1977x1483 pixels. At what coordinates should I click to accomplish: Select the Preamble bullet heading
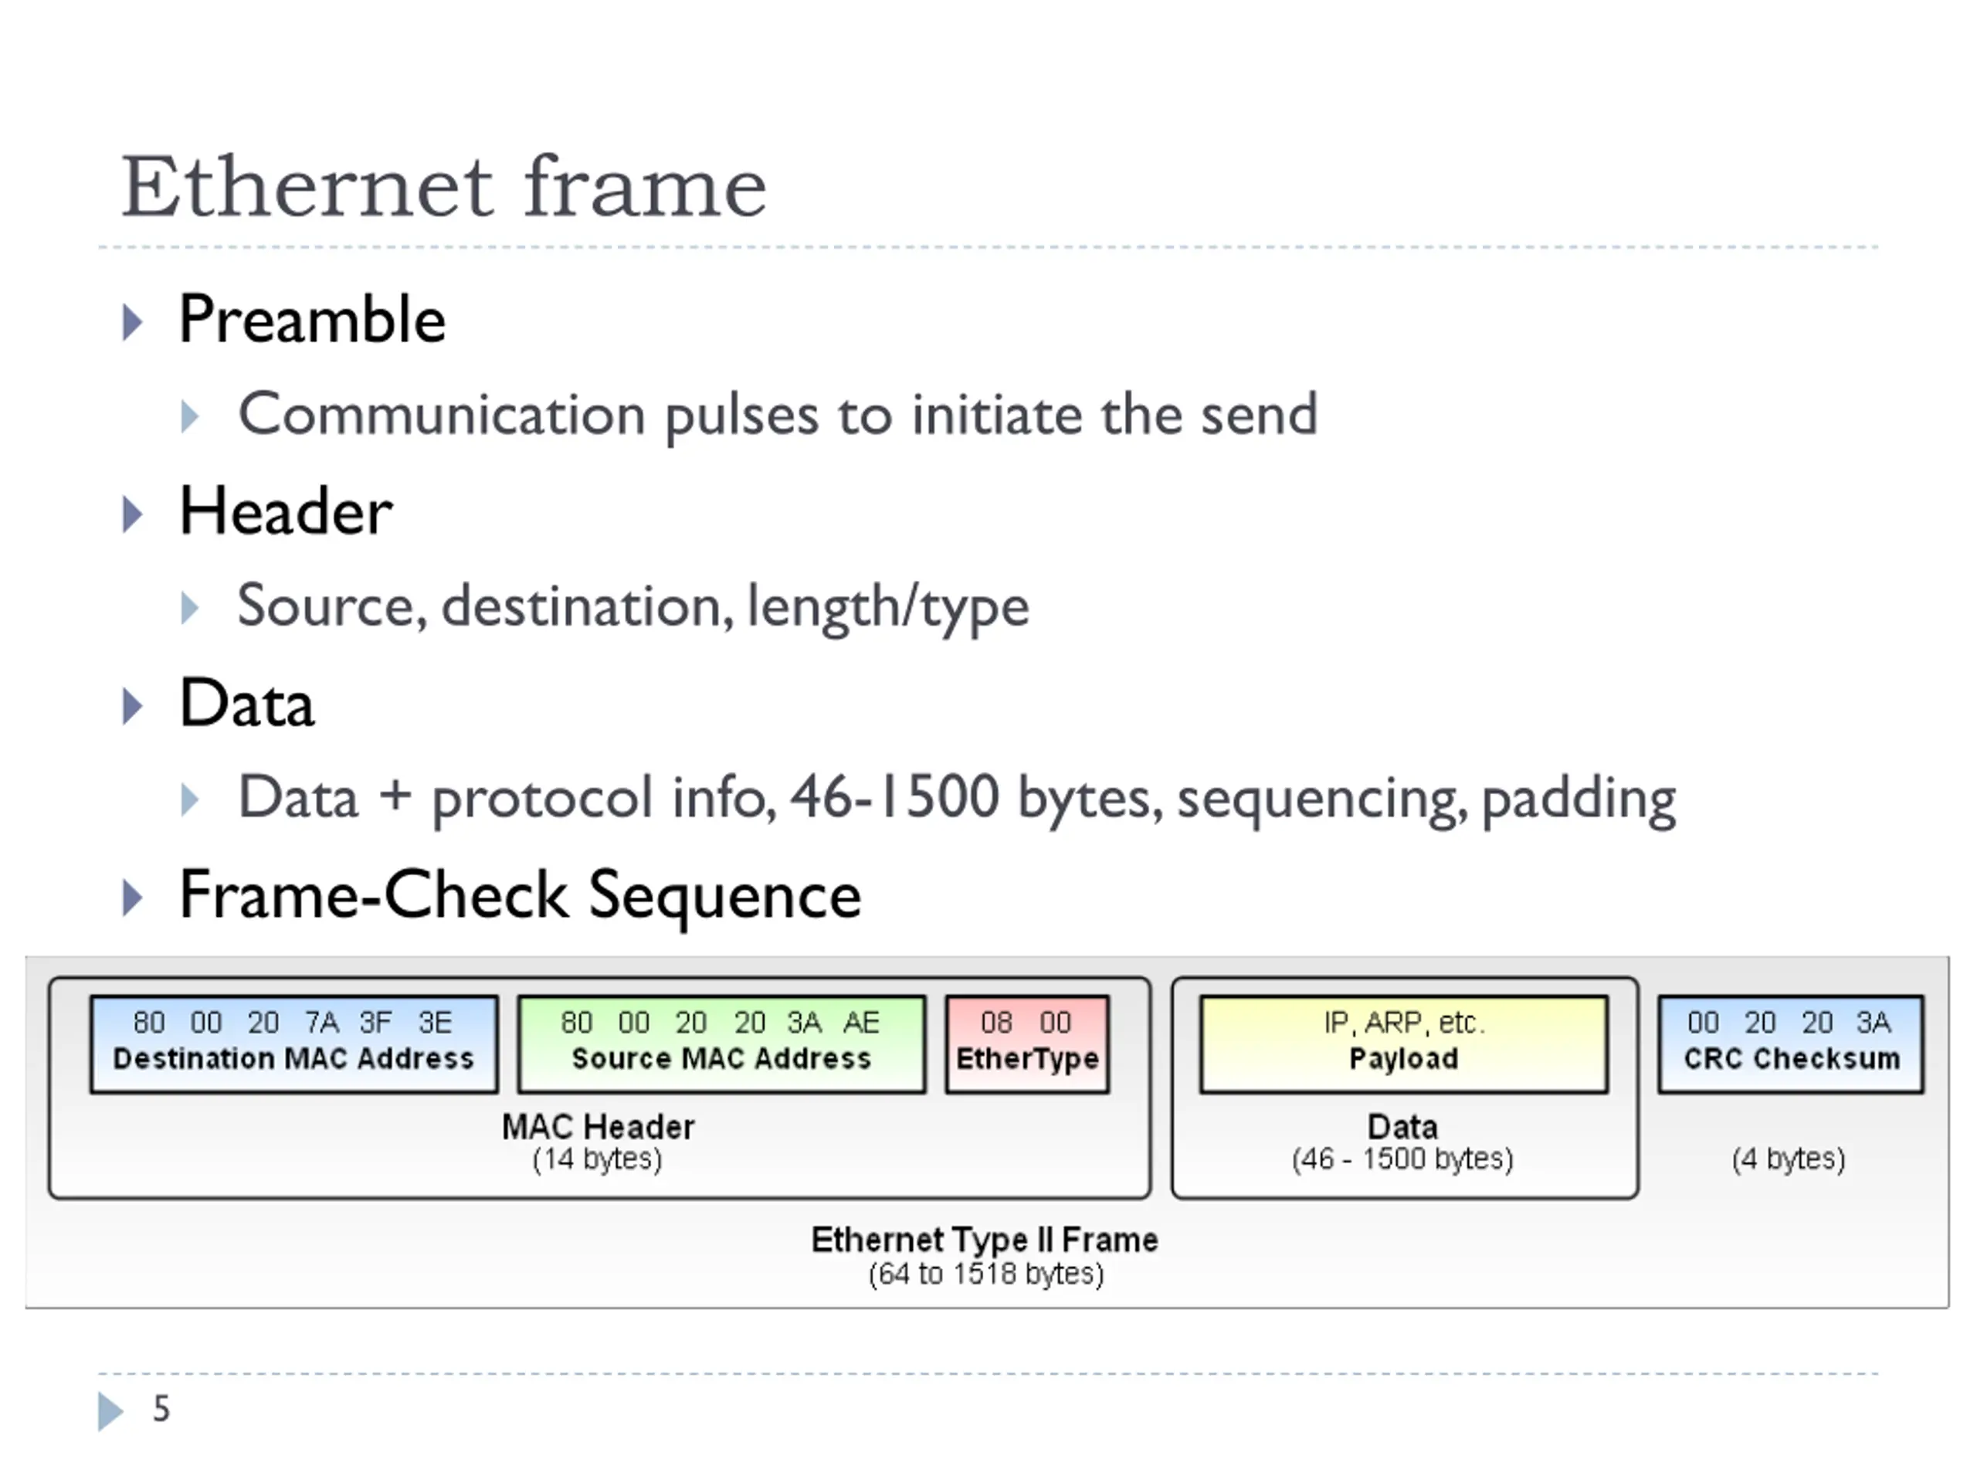pyautogui.click(x=312, y=319)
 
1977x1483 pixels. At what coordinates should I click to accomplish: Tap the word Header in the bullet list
pyautogui.click(x=286, y=511)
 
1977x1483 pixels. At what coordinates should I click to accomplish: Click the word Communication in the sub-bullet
pyautogui.click(x=442, y=414)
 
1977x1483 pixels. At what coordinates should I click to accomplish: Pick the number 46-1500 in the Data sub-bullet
pyautogui.click(x=894, y=796)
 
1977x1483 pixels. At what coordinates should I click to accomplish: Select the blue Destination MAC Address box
pyautogui.click(x=294, y=1044)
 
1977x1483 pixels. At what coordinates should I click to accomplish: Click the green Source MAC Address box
pyautogui.click(x=721, y=1044)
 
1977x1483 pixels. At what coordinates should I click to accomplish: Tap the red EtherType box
pyautogui.click(x=1027, y=1044)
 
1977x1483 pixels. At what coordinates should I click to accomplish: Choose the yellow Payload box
pyautogui.click(x=1403, y=1044)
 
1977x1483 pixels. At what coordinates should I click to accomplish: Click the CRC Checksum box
pyautogui.click(x=1790, y=1044)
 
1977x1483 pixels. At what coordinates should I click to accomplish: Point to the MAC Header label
pyautogui.click(x=598, y=1126)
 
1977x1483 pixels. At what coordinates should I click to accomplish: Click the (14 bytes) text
pyautogui.click(x=597, y=1159)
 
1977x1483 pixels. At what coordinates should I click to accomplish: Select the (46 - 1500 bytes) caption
pyautogui.click(x=1402, y=1159)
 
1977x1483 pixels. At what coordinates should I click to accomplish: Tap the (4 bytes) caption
pyautogui.click(x=1789, y=1159)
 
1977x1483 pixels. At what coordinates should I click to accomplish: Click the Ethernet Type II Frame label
pyautogui.click(x=984, y=1240)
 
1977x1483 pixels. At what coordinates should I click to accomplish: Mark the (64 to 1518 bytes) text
pyautogui.click(x=986, y=1274)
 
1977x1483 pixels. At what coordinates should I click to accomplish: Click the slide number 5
pyautogui.click(x=161, y=1409)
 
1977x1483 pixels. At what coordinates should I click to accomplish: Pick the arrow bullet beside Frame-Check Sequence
pyautogui.click(x=132, y=898)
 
